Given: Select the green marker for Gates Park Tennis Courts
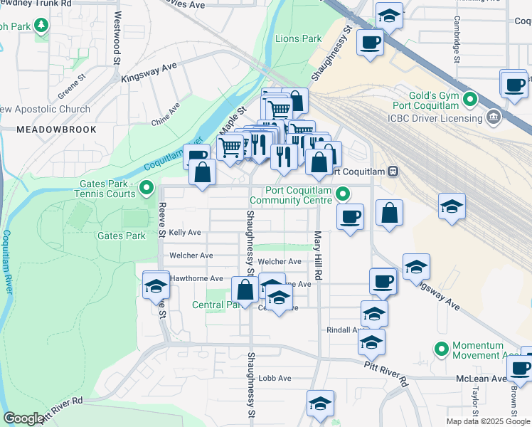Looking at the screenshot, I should pyautogui.click(x=147, y=189).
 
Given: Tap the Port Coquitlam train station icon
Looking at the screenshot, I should pyautogui.click(x=393, y=172).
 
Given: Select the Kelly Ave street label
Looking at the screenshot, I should pyautogui.click(x=184, y=233).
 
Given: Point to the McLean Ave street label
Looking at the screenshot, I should pyautogui.click(x=487, y=379).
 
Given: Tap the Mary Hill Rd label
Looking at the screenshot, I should pyautogui.click(x=318, y=255).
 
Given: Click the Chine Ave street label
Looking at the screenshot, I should pyautogui.click(x=166, y=114).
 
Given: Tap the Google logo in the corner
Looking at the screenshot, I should pyautogui.click(x=23, y=418).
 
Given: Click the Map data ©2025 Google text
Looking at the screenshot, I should pyautogui.click(x=488, y=421).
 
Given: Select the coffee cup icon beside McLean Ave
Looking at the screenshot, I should pyautogui.click(x=519, y=369).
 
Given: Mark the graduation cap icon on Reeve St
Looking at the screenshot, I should pyautogui.click(x=156, y=286).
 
